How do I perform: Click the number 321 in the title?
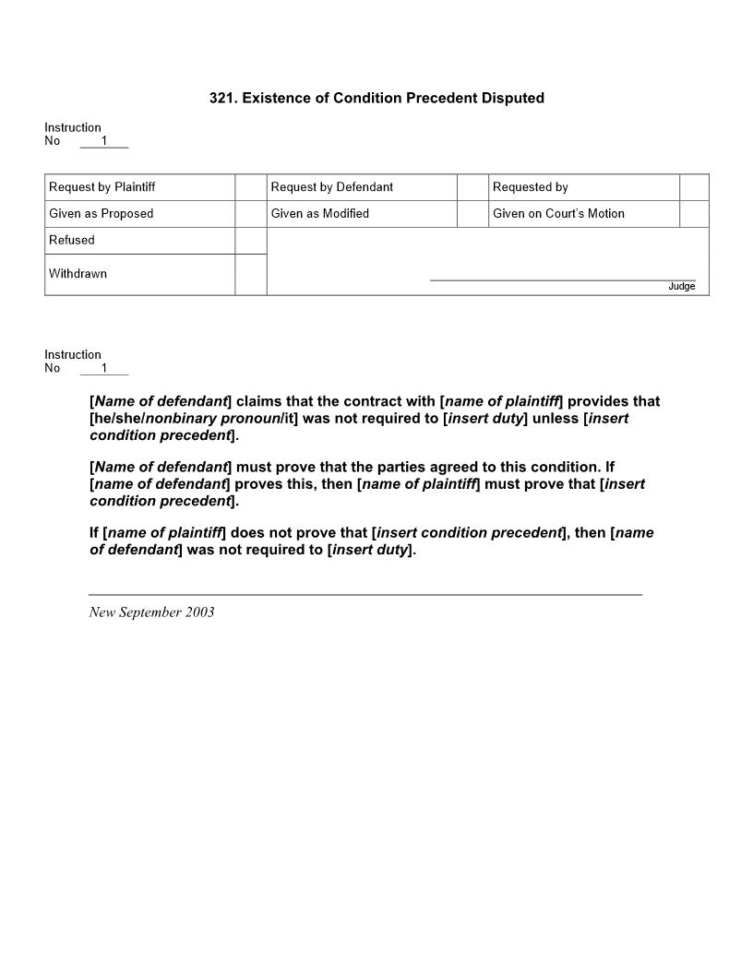tap(222, 98)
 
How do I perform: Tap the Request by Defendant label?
tap(331, 187)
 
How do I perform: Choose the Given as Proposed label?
tap(102, 213)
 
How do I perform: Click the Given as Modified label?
tap(319, 213)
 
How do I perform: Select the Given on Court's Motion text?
tap(558, 213)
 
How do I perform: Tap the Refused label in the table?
tap(72, 240)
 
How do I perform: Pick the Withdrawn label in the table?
tap(78, 274)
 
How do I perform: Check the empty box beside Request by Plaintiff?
tap(251, 187)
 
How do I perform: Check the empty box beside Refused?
tap(251, 241)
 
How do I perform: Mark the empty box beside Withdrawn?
tap(251, 275)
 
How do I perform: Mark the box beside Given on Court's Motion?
tap(694, 214)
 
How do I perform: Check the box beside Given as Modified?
tap(472, 214)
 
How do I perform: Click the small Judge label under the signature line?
tap(681, 287)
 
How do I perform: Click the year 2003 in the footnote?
tap(199, 612)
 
